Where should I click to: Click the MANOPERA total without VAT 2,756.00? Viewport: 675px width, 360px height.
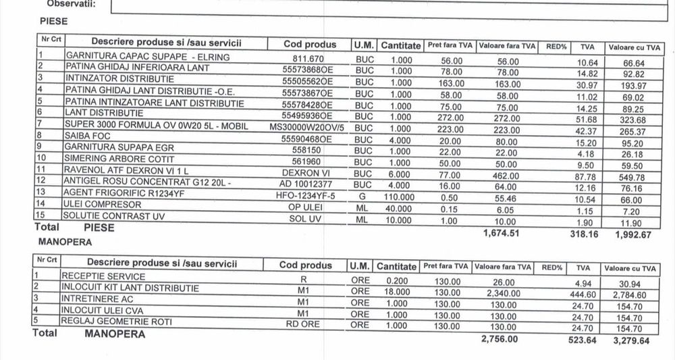click(500, 340)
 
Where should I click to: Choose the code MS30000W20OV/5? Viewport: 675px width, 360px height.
click(306, 126)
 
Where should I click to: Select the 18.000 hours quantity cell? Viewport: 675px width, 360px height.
click(396, 288)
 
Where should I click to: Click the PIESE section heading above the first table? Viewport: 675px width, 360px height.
click(53, 21)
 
